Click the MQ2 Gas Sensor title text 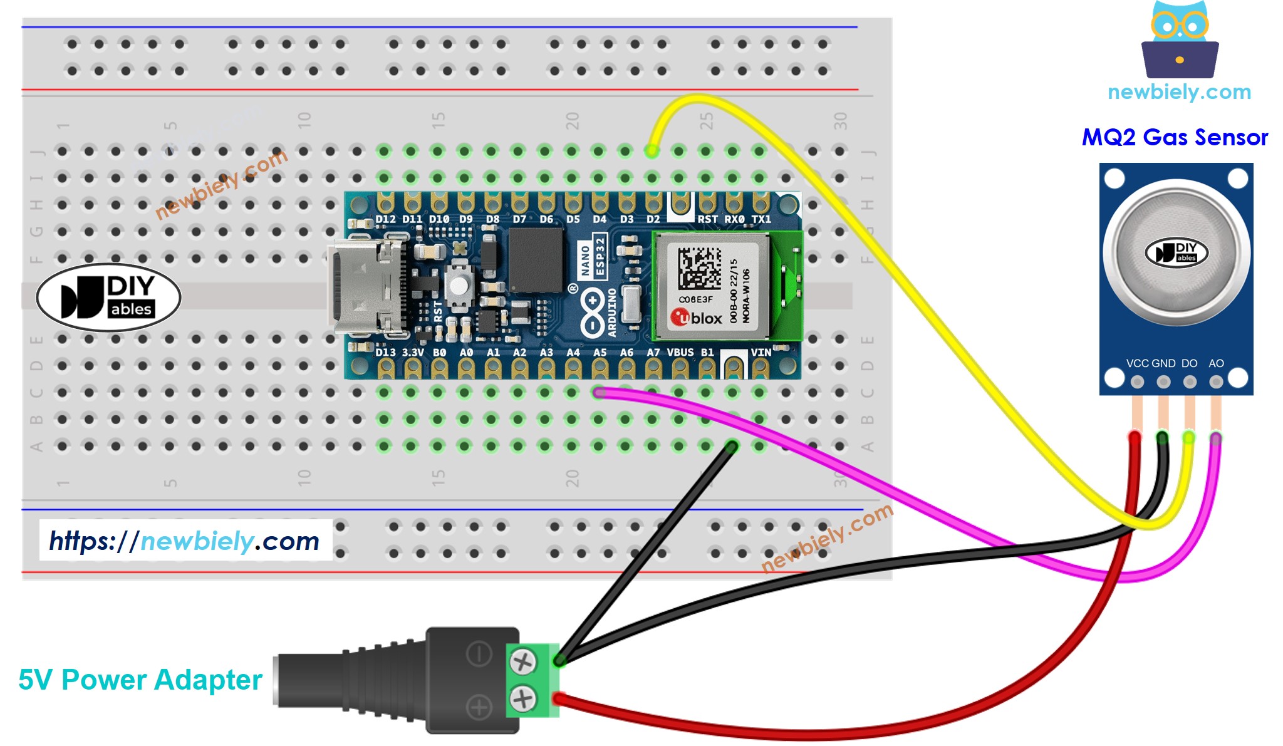[1175, 137]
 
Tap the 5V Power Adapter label [140, 680]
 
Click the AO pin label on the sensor [1216, 363]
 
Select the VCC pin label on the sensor [1137, 363]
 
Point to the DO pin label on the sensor [1189, 363]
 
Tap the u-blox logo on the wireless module [696, 318]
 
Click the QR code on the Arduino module [699, 268]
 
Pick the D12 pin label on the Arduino [385, 219]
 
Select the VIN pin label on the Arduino [761, 353]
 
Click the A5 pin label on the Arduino [600, 353]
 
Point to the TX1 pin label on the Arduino [761, 219]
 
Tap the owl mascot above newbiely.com [1180, 41]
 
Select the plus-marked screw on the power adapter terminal [522, 698]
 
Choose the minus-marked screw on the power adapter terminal [522, 661]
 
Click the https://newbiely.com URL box [185, 540]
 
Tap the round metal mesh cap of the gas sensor [1176, 253]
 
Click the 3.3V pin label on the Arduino [413, 353]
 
